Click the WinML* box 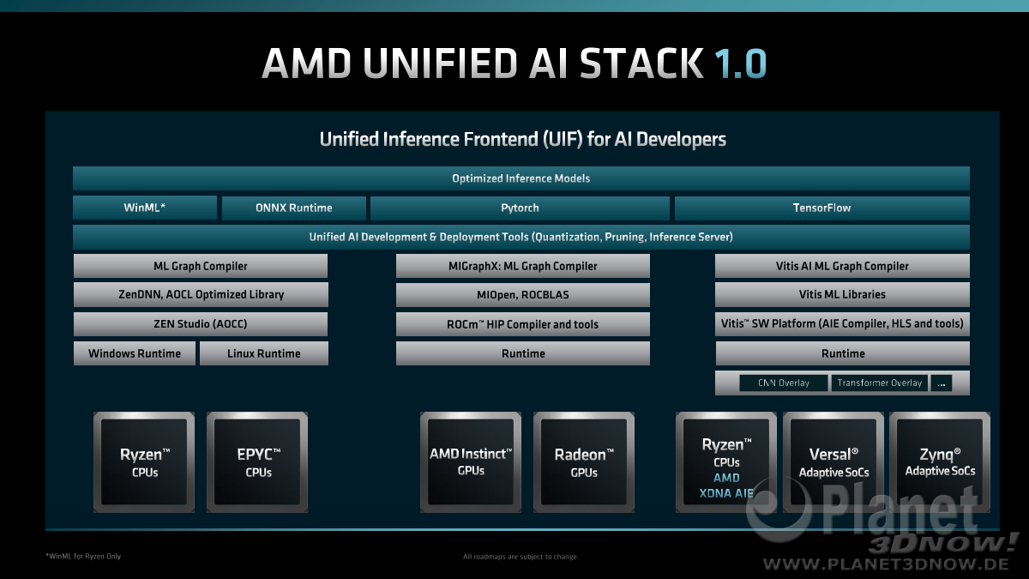pos(145,208)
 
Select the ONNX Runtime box pos(294,208)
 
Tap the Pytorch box pos(520,208)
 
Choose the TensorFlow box pos(821,208)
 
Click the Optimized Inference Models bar pos(521,178)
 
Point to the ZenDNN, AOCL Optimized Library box pos(201,294)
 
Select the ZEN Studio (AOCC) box pos(201,324)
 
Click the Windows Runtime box pos(135,353)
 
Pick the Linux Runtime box pos(264,353)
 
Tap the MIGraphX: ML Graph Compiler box pos(523,266)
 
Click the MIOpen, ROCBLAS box pos(523,294)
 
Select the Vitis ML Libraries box pos(842,294)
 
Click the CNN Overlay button pos(784,383)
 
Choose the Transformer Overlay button pos(879,383)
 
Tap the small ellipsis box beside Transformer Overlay pos(942,383)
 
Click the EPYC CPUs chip pos(257,462)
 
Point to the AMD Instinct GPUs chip pos(471,462)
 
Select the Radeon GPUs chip pos(584,462)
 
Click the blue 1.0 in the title pos(741,63)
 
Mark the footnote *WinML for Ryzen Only pos(83,556)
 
